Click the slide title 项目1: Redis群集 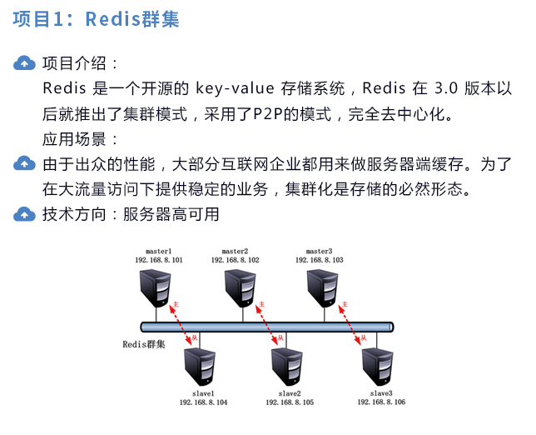[96, 18]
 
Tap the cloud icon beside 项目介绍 [24, 63]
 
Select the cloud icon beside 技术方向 [24, 214]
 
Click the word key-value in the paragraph [235, 88]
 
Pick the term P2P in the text [268, 114]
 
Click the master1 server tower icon [156, 288]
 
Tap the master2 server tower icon [241, 288]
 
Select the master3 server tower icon [323, 288]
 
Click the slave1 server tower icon [200, 367]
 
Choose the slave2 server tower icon [287, 367]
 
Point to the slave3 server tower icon [378, 367]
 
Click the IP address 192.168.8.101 [159, 260]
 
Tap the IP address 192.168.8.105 [290, 402]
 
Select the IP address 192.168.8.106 [381, 402]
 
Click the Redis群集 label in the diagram [144, 344]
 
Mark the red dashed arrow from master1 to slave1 [181, 325]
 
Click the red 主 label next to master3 [345, 304]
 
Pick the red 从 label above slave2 [280, 337]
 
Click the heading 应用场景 [74, 139]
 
